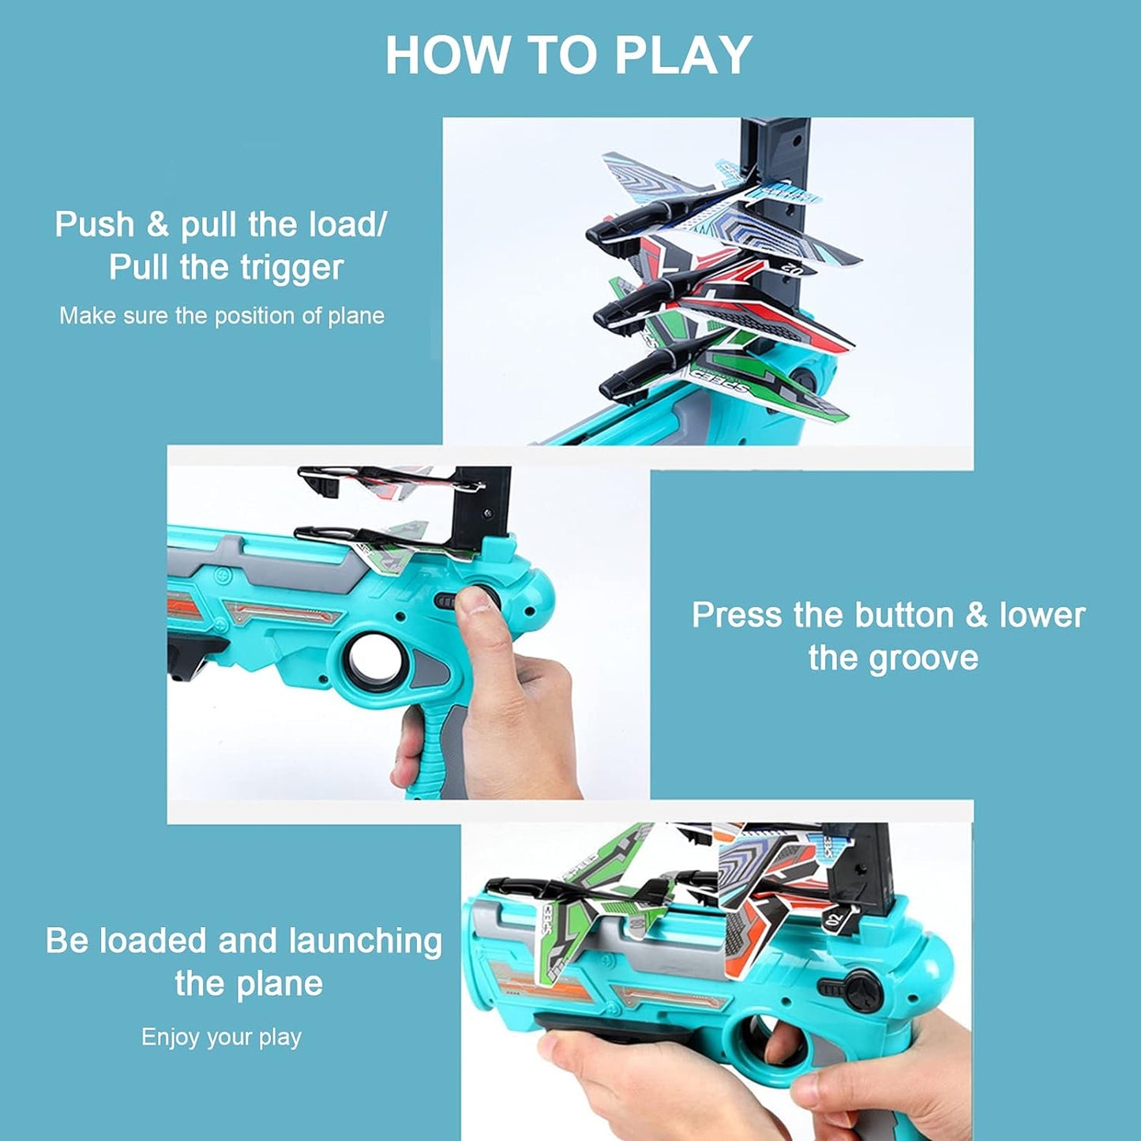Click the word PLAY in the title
coord(683,55)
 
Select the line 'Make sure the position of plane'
coord(222,316)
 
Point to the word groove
coord(923,658)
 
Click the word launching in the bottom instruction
coord(365,941)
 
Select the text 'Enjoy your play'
coord(221,1037)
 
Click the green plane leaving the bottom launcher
coord(584,908)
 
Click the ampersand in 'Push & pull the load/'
coord(157,224)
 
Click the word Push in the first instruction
coord(94,224)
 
